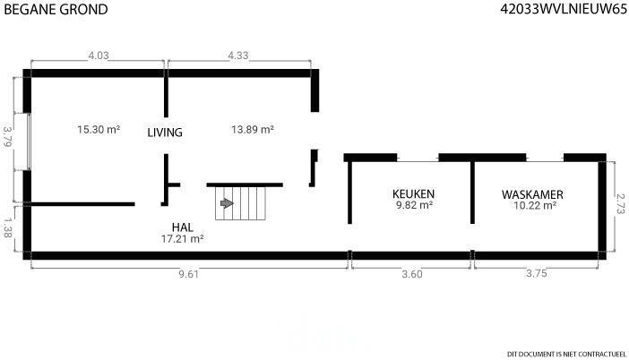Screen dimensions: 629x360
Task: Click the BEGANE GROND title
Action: click(x=56, y=9)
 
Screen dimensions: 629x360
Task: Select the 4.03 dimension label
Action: click(x=99, y=56)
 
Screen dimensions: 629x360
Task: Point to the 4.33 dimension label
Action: click(x=238, y=56)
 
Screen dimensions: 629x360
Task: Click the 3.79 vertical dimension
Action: click(x=7, y=136)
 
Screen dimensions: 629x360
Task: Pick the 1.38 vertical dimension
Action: click(x=7, y=227)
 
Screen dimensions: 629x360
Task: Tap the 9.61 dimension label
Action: click(x=188, y=274)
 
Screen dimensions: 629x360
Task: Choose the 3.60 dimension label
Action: click(x=412, y=274)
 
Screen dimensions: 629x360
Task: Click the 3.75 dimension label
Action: click(x=537, y=273)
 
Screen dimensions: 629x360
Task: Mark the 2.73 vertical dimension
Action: click(x=620, y=204)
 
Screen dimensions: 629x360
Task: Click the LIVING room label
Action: click(x=165, y=133)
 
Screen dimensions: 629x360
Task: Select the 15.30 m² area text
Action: click(x=99, y=130)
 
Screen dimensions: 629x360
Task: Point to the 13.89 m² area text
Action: click(x=253, y=130)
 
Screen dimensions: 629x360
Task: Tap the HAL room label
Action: click(x=183, y=227)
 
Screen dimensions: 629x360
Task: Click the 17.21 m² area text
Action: click(x=183, y=239)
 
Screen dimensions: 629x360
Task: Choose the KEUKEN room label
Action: click(x=414, y=194)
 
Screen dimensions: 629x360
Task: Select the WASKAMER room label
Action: click(x=533, y=194)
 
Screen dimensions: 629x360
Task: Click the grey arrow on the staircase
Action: click(x=227, y=203)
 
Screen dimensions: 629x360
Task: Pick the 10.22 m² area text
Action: click(x=535, y=206)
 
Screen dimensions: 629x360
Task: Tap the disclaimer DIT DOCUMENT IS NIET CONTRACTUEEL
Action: click(x=567, y=354)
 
